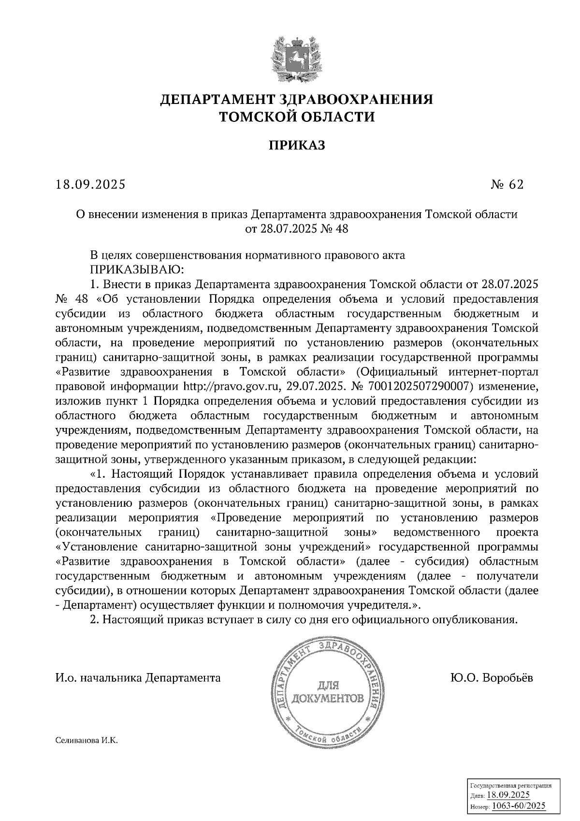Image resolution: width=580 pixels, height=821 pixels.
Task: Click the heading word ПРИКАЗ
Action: click(297, 145)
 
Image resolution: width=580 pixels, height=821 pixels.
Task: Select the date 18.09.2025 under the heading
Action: click(90, 185)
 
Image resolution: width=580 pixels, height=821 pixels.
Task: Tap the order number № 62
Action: click(507, 185)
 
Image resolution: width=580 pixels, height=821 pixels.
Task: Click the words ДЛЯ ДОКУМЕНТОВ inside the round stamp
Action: click(329, 692)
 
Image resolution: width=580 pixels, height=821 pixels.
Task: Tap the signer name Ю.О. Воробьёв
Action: click(492, 678)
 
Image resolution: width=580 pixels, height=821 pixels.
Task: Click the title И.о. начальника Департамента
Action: click(138, 678)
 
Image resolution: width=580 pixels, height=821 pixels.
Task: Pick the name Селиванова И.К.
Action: click(87, 741)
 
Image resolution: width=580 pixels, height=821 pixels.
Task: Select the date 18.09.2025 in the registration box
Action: click(508, 795)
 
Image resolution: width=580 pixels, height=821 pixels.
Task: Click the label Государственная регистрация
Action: click(510, 786)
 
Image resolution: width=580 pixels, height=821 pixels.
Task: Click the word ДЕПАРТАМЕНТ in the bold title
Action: click(217, 100)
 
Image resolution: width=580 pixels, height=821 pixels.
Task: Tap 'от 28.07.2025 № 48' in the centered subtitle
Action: click(297, 228)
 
